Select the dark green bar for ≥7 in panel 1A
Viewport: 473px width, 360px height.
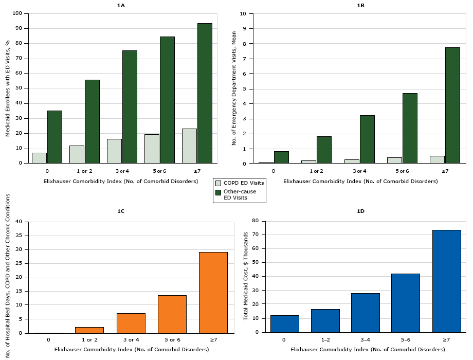click(x=205, y=93)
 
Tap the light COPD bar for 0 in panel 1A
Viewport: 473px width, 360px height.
click(x=39, y=158)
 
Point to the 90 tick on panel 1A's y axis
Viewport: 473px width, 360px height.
click(x=21, y=28)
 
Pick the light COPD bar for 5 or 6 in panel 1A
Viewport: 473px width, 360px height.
click(x=152, y=149)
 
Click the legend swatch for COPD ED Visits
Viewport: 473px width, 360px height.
click(x=219, y=183)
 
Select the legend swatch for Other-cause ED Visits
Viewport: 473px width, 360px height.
click(x=219, y=192)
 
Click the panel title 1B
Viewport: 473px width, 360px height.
click(x=361, y=6)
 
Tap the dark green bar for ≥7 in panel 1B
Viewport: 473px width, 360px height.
click(x=452, y=105)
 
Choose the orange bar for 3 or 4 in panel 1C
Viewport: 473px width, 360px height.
click(x=131, y=323)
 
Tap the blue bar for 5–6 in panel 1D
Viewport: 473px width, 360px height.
click(x=406, y=303)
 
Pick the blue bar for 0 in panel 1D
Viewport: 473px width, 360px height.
click(x=284, y=324)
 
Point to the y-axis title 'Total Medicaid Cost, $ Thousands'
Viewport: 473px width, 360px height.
click(x=246, y=276)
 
